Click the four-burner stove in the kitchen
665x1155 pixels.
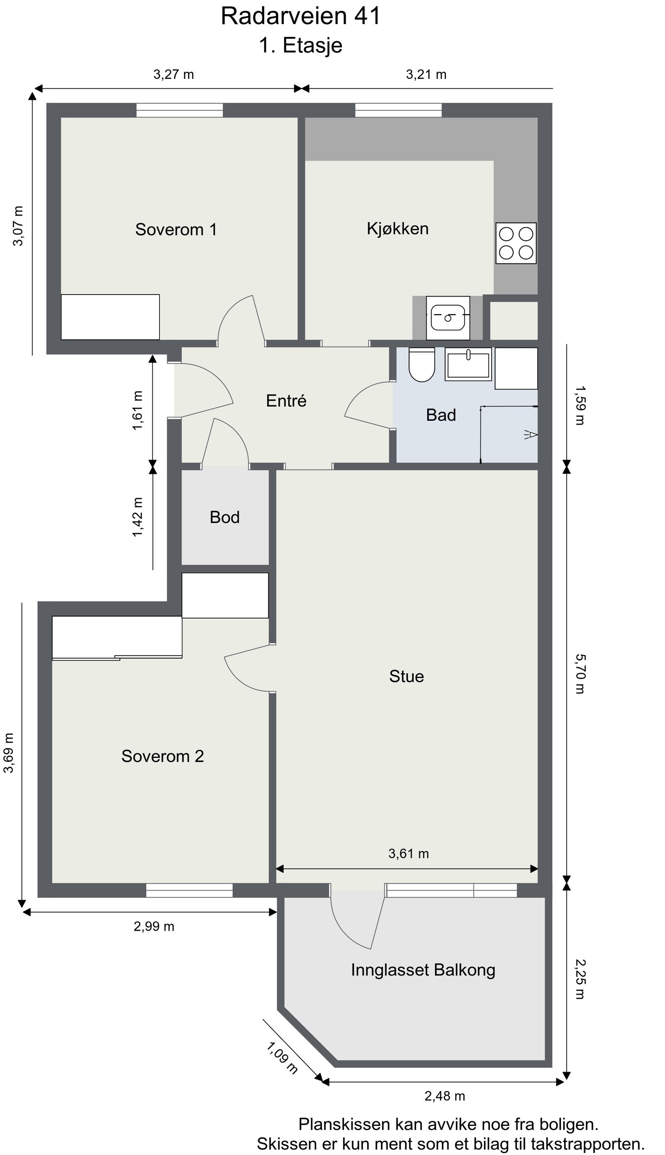tap(516, 243)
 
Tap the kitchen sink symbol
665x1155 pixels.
tap(448, 318)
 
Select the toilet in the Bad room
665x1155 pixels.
tap(421, 364)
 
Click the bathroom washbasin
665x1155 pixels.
tap(468, 364)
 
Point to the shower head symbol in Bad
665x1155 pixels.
tap(531, 435)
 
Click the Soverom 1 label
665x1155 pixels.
tap(176, 229)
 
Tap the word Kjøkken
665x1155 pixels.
tap(398, 228)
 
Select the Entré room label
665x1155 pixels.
tap(286, 401)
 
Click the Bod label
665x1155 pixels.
tap(225, 517)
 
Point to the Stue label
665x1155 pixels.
tap(406, 676)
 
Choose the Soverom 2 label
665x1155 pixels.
tap(163, 756)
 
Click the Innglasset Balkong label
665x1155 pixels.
tap(423, 970)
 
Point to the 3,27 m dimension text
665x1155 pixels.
tap(174, 74)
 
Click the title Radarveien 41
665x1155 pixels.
tap(300, 16)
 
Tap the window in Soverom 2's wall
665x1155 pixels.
tap(190, 890)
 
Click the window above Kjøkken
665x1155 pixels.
tap(399, 111)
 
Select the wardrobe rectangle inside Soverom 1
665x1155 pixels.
tap(111, 317)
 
